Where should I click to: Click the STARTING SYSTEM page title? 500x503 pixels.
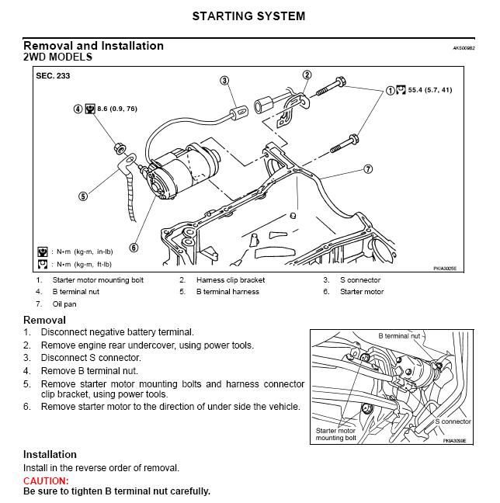(x=248, y=16)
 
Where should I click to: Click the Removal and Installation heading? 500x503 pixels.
(x=93, y=46)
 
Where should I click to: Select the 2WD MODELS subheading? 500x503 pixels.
(x=58, y=57)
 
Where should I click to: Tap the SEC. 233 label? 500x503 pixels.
(x=52, y=76)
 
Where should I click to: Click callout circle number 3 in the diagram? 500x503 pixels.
(x=224, y=80)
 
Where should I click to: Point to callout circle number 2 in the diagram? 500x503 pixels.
(x=307, y=75)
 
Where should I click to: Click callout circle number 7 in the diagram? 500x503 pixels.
(x=368, y=168)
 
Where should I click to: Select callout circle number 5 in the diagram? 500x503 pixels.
(x=83, y=196)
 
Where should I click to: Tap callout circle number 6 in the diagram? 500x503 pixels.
(x=134, y=248)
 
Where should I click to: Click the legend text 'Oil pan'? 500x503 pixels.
(x=65, y=304)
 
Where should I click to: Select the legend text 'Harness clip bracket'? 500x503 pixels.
(x=230, y=279)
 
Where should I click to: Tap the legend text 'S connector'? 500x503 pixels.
(x=360, y=279)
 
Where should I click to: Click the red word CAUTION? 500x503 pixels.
(x=47, y=481)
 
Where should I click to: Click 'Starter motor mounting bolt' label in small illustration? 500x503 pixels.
(x=335, y=434)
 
